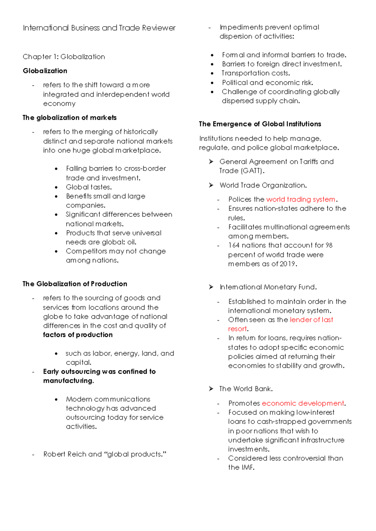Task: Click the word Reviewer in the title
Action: tap(159, 28)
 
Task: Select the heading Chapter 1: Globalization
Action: tap(64, 57)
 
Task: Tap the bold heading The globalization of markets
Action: tap(70, 118)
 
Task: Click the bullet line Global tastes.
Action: tap(89, 187)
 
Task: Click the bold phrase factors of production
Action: tap(78, 335)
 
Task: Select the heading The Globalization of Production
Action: tap(75, 284)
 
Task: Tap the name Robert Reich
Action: tap(65, 454)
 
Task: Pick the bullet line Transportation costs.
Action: tap(256, 73)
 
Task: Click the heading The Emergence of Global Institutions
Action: tap(260, 124)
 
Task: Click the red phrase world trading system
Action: tap(300, 199)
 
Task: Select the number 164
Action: tap(234, 245)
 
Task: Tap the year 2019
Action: tap(287, 264)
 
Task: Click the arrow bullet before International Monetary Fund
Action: tap(211, 287)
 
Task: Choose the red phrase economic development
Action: tap(303, 403)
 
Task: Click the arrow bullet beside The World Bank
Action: tap(211, 389)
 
